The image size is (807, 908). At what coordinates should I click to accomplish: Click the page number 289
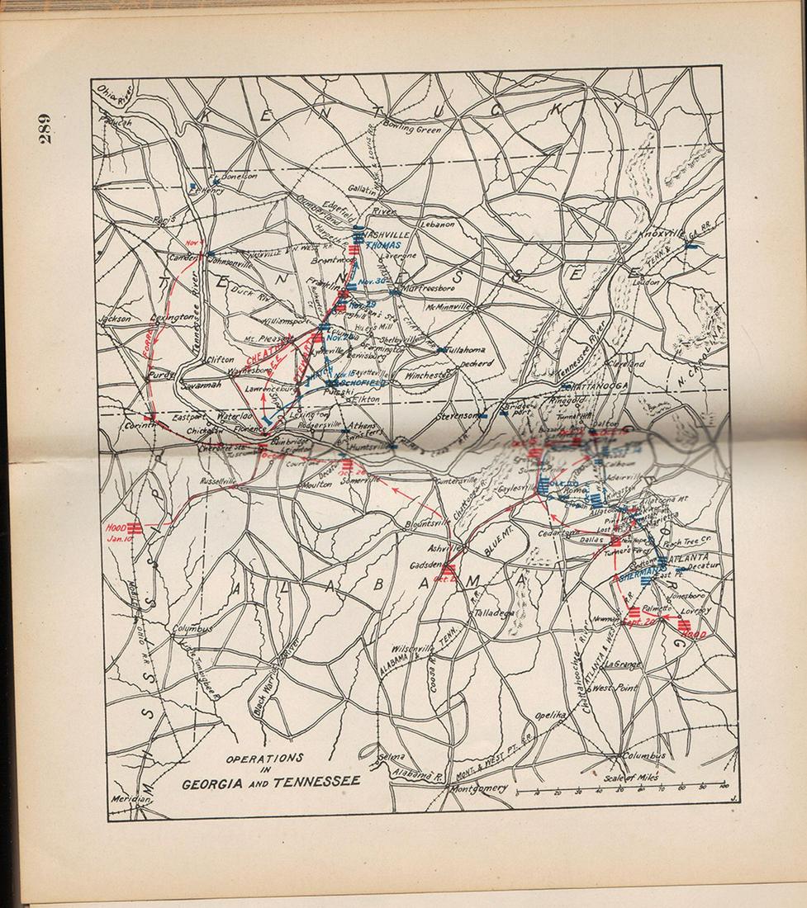tap(44, 129)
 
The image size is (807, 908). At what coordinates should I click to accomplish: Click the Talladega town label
tap(497, 612)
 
